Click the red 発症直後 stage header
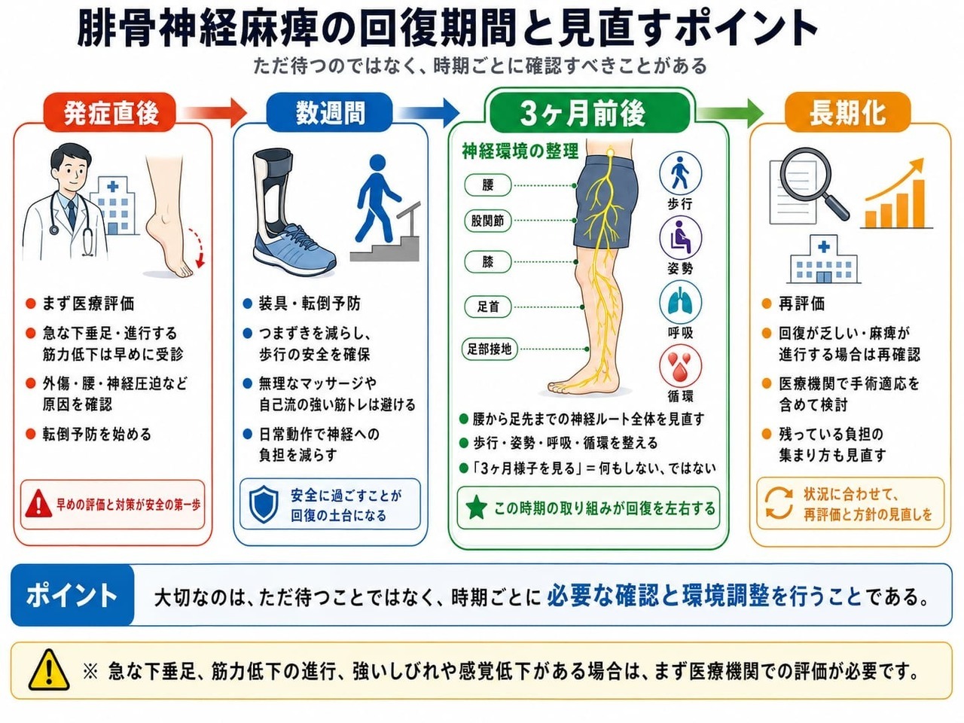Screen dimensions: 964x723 (x=110, y=112)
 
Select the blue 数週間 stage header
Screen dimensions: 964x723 (x=329, y=112)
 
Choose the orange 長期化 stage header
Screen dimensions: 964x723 (x=847, y=112)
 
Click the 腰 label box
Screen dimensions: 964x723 (x=488, y=185)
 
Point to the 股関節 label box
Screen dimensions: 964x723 (x=488, y=221)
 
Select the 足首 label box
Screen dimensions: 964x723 (x=488, y=306)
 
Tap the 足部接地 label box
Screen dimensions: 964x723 (x=489, y=349)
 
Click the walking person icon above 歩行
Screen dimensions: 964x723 (x=680, y=172)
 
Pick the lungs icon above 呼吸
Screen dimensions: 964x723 (x=680, y=302)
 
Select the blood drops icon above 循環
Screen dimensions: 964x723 (x=680, y=366)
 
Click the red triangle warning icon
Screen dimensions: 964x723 (x=38, y=504)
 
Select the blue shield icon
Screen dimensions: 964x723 (x=264, y=504)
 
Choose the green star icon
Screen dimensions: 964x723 (x=477, y=508)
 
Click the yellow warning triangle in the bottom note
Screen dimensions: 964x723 (x=49, y=670)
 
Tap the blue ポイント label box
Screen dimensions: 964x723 (x=72, y=595)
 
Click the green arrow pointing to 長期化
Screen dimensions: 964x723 (x=729, y=113)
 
